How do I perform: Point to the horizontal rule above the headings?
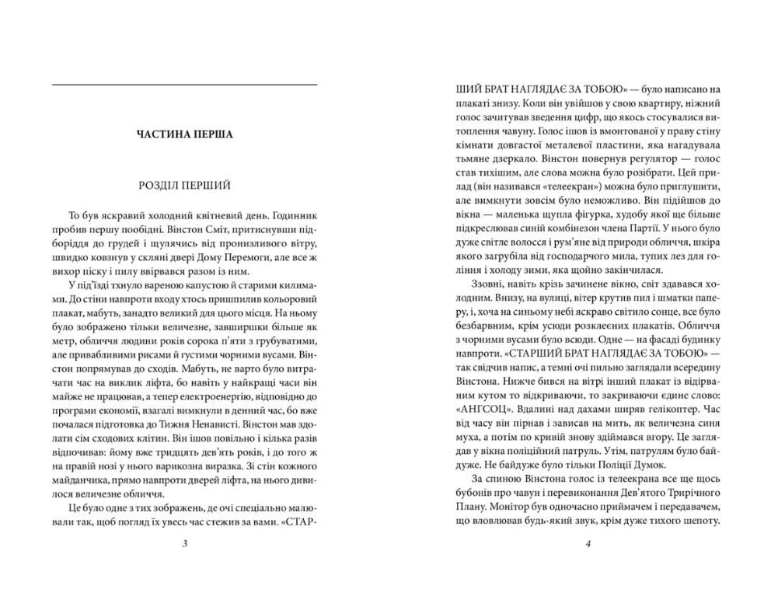click(x=183, y=84)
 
